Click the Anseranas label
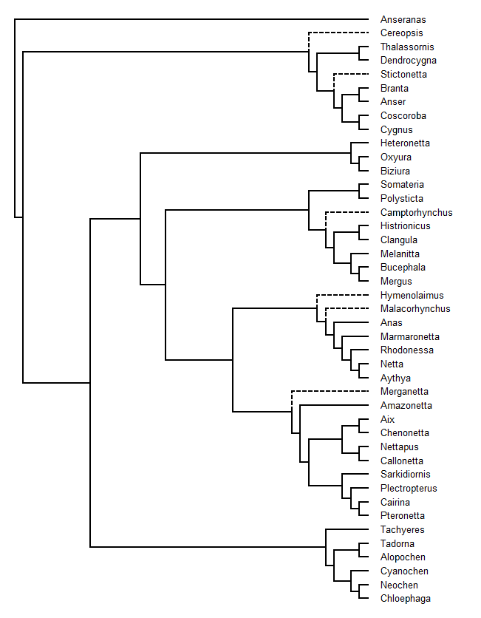click(403, 19)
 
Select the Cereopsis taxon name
click(401, 33)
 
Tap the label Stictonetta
click(403, 74)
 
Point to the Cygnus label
click(396, 129)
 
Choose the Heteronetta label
click(405, 143)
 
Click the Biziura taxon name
click(395, 171)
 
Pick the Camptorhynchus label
click(417, 212)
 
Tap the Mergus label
click(396, 282)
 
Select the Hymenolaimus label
click(412, 295)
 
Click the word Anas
click(391, 323)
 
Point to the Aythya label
click(395, 378)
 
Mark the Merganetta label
click(404, 391)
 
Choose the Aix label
click(387, 419)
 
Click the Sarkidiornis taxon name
click(406, 474)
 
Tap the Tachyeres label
click(402, 530)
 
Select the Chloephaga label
click(406, 598)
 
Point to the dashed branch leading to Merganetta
click(330, 391)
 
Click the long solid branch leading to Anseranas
click(191, 19)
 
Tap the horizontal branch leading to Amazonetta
click(335, 405)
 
